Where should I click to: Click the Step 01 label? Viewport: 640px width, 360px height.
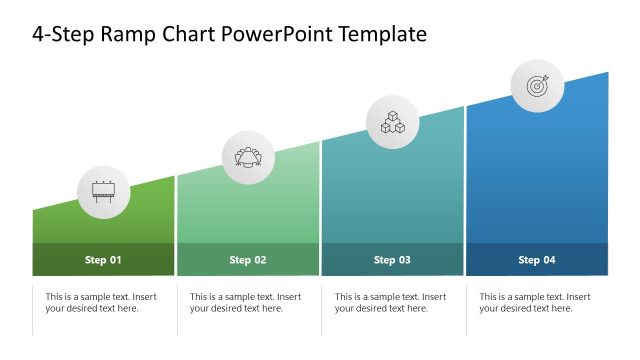pos(103,260)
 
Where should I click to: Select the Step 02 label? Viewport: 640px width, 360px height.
pos(248,260)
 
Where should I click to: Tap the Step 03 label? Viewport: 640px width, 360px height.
pos(392,260)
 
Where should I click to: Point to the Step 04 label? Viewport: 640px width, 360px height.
pos(536,260)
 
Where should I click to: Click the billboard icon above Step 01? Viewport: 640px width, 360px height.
pos(104,190)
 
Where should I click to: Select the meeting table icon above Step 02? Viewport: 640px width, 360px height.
pos(248,158)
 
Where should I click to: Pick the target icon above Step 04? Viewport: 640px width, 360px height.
pos(538,86)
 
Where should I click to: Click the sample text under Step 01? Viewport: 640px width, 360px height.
pos(101,302)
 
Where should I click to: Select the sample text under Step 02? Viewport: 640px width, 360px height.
pos(245,302)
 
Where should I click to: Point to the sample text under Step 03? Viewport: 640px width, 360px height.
pos(390,302)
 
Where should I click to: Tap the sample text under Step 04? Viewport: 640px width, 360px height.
pos(535,302)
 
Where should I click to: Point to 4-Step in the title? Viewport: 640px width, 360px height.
pos(63,35)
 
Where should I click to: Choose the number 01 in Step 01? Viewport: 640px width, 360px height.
pos(115,260)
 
